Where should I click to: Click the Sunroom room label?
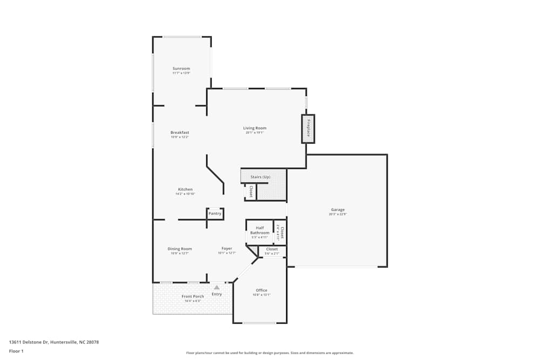click(x=181, y=69)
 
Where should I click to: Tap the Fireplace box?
click(x=308, y=129)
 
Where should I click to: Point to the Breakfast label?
click(x=180, y=132)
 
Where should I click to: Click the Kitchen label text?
click(x=185, y=189)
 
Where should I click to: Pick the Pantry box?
click(x=215, y=214)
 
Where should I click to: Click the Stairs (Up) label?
click(x=260, y=177)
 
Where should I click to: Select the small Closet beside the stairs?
click(x=251, y=192)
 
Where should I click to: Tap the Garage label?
click(x=338, y=209)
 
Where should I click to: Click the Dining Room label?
click(x=180, y=249)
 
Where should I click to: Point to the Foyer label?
click(x=227, y=249)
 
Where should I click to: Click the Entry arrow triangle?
click(x=217, y=288)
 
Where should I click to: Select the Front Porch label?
click(x=192, y=296)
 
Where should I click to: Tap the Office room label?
click(x=261, y=290)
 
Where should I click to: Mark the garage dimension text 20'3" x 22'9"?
click(x=338, y=214)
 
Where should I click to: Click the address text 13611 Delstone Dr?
click(x=54, y=342)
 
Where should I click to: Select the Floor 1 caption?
click(x=16, y=351)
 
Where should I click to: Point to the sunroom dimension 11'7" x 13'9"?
click(x=181, y=73)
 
